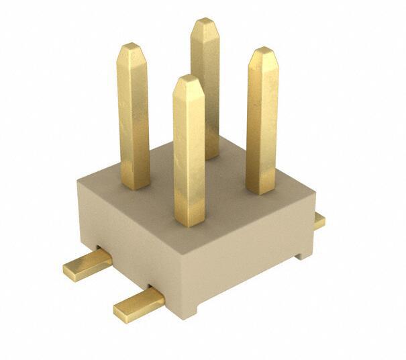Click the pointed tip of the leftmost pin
click(x=132, y=47)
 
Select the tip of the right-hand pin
click(x=263, y=52)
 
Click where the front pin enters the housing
click(x=189, y=222)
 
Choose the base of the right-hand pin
click(x=260, y=189)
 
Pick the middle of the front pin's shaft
click(x=189, y=151)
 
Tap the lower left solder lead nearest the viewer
click(x=138, y=306)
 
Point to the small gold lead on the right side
click(x=319, y=221)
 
